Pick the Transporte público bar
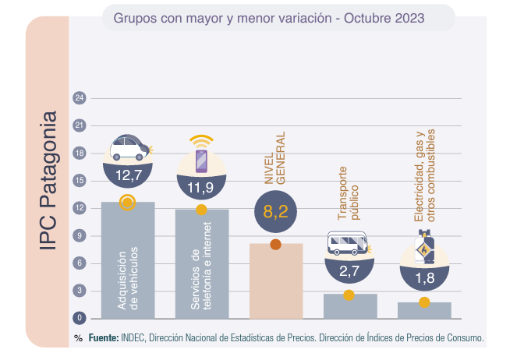349,306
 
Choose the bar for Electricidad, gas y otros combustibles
424,310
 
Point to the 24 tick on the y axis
79,98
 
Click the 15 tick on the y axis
79,181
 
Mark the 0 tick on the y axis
79,318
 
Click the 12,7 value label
128,175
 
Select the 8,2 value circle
276,210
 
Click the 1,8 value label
424,277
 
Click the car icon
129,146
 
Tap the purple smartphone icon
201,158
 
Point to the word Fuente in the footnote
103,339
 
